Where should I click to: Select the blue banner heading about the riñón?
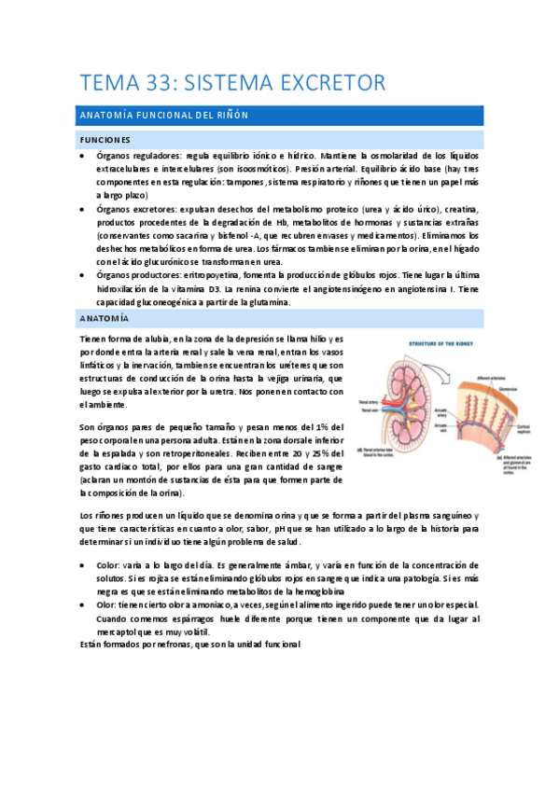coord(279,115)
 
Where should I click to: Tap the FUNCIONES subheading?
coord(105,139)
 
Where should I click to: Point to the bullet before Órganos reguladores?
coord(84,155)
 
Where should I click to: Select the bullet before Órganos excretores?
coord(84,210)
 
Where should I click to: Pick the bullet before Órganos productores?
coord(84,276)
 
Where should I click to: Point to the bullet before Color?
coord(84,565)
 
